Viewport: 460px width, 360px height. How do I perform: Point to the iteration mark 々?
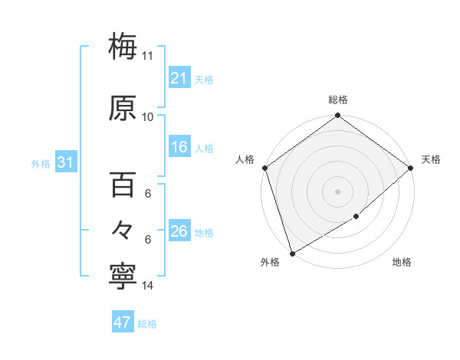[123, 231]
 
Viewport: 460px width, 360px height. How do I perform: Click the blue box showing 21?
[179, 78]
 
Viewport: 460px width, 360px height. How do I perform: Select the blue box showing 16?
[179, 147]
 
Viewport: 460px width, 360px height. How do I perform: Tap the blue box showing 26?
[179, 231]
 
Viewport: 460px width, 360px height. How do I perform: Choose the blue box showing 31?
[65, 163]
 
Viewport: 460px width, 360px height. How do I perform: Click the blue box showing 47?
[123, 322]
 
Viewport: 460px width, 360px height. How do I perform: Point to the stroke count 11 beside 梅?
[148, 56]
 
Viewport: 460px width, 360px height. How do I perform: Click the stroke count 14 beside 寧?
[148, 286]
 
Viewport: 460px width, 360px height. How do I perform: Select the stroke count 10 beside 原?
[148, 117]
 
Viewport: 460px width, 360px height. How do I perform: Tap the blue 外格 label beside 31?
[41, 164]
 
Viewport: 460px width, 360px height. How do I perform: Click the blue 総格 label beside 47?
[147, 324]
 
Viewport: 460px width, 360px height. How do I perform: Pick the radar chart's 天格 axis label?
[431, 159]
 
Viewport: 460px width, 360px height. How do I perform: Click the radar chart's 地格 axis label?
[402, 262]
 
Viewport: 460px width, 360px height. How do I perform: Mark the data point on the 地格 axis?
[356, 217]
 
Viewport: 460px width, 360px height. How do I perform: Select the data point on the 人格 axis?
[264, 168]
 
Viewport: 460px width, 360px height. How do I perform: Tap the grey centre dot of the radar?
[337, 191]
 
